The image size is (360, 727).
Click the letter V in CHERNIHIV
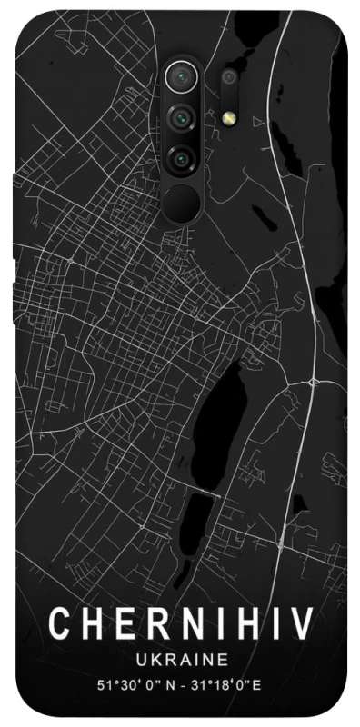pyautogui.click(x=303, y=624)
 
